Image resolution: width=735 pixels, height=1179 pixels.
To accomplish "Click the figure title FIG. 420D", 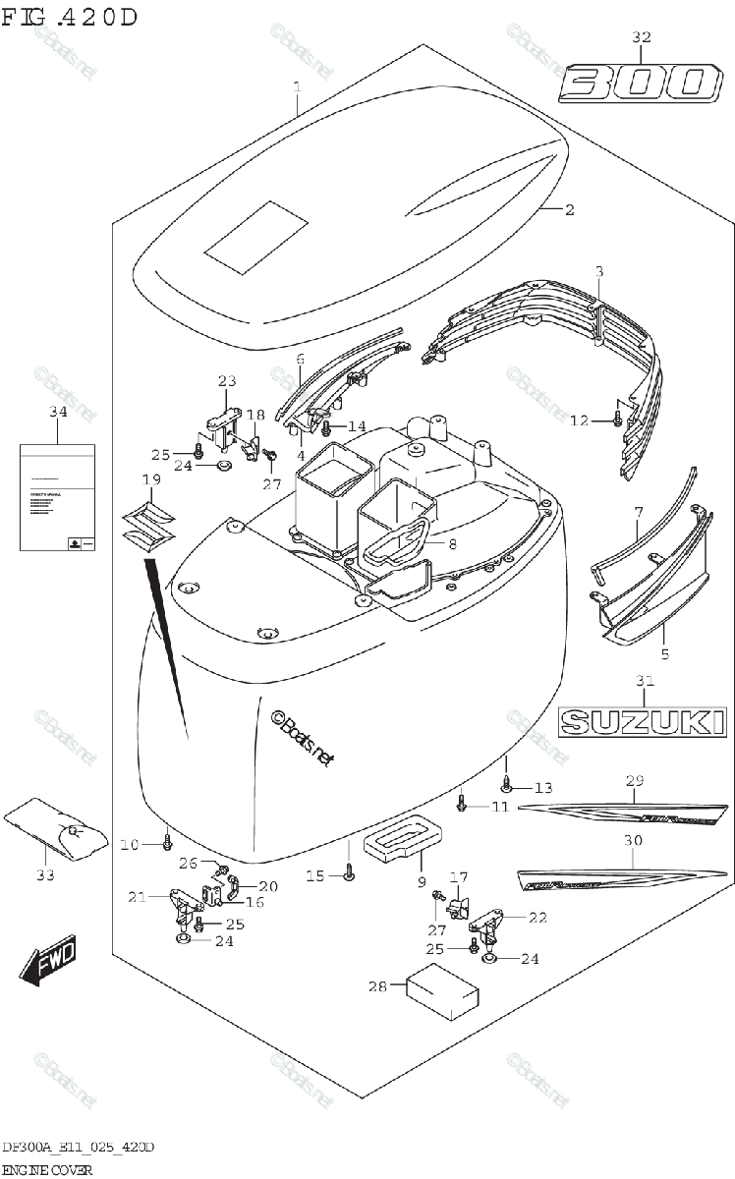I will point(70,17).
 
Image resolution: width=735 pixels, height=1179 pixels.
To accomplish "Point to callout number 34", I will point(58,411).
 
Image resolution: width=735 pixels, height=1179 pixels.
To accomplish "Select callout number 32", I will point(641,37).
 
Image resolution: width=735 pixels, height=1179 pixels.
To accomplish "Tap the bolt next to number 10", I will point(167,843).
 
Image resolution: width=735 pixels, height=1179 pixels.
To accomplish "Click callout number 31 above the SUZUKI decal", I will point(644,680).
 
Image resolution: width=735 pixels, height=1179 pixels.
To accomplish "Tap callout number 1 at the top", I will point(296,87).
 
